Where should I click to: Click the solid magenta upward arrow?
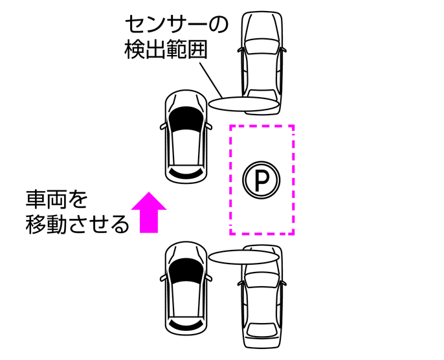[x=149, y=212]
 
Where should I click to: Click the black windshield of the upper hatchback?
[x=186, y=117]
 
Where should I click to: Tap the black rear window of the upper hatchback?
[x=186, y=174]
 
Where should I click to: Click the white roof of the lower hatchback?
[x=186, y=297]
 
